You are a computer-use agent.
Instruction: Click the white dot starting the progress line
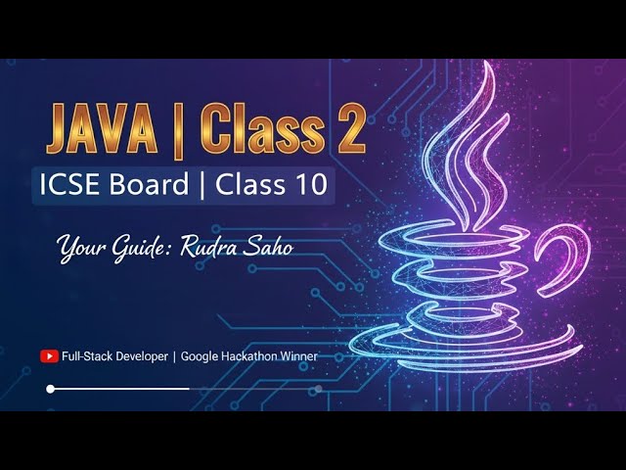[x=51, y=389]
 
